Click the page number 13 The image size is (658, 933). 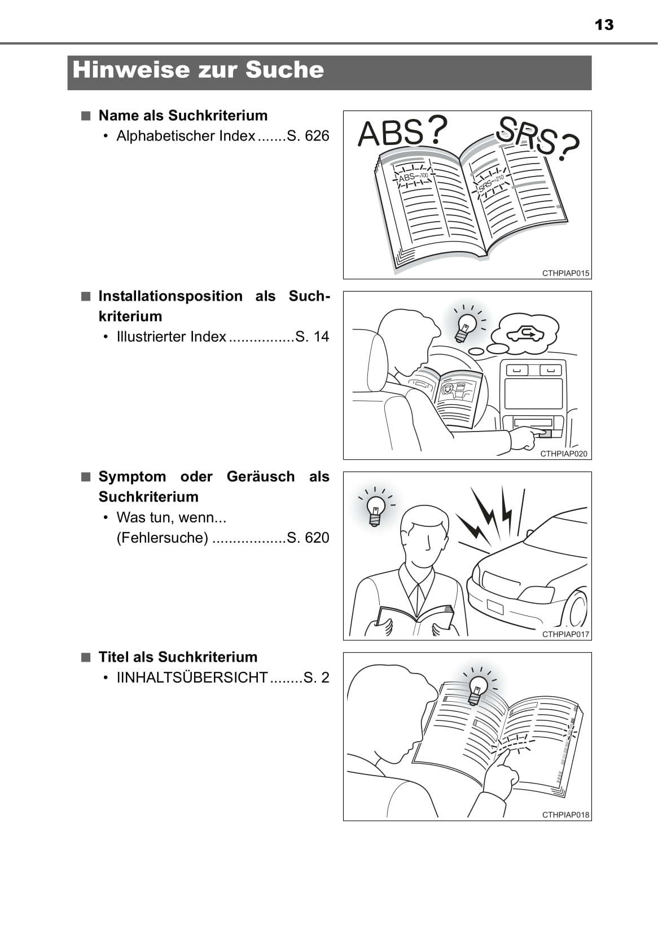(x=604, y=25)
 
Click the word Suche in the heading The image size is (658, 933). (x=284, y=69)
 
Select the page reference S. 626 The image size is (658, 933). (x=308, y=136)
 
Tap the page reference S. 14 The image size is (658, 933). (x=312, y=337)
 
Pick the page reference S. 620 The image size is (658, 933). (x=308, y=538)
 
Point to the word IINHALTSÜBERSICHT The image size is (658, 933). (x=192, y=677)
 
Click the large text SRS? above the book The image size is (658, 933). (x=538, y=138)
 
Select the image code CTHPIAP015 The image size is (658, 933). (x=565, y=273)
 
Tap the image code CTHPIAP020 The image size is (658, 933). (x=564, y=454)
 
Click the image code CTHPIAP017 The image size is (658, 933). (x=565, y=635)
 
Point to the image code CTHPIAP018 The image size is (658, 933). (x=565, y=815)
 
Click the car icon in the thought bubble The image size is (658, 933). (x=525, y=335)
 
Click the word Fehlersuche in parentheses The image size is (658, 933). (x=162, y=538)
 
